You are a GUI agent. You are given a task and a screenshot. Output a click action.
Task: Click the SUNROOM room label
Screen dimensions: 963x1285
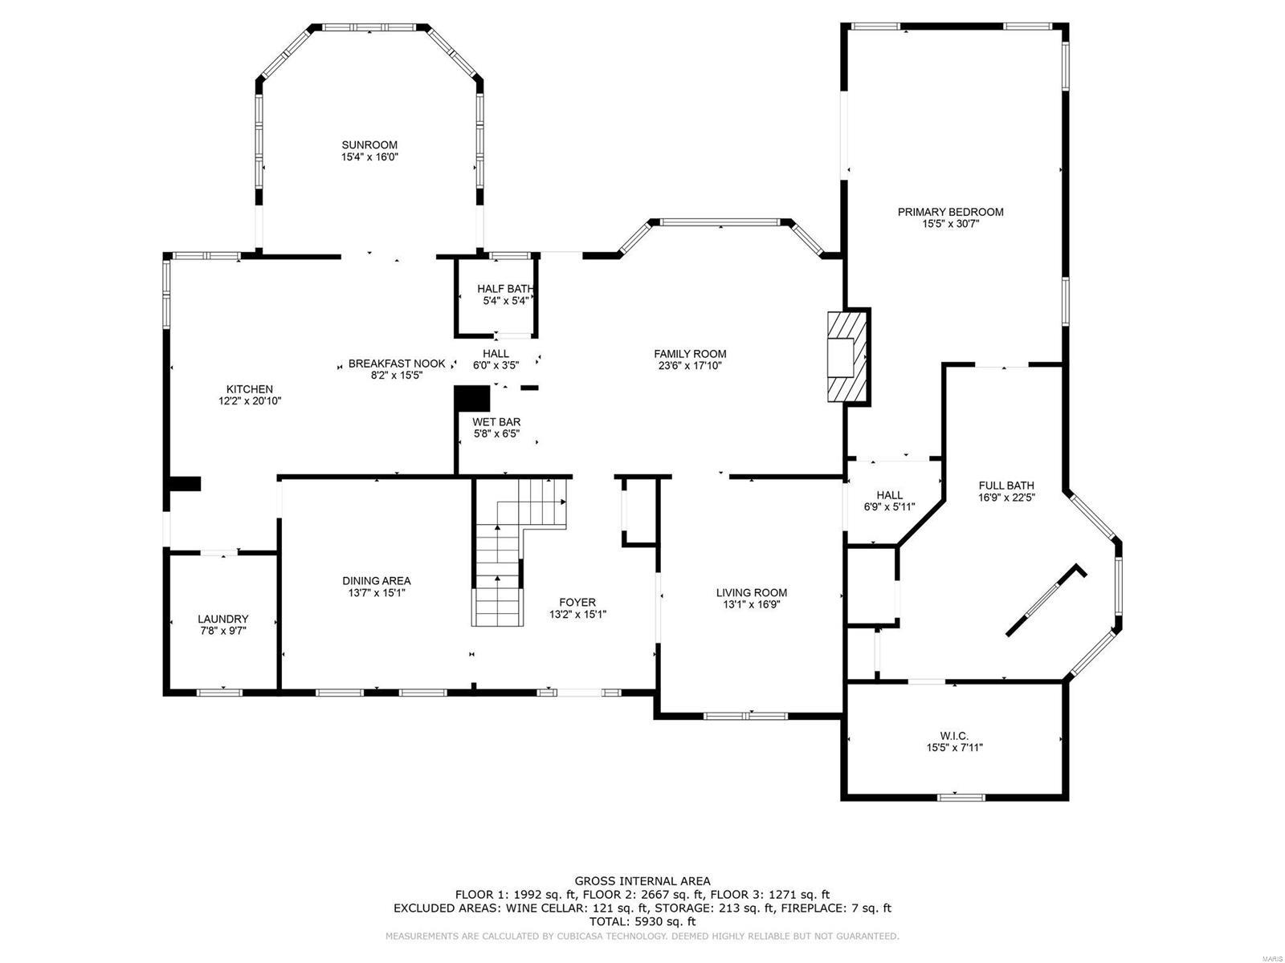[369, 145]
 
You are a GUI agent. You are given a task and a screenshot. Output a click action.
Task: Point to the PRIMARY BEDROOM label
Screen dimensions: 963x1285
[950, 212]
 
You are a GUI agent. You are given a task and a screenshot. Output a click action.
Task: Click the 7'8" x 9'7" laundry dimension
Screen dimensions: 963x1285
[222, 631]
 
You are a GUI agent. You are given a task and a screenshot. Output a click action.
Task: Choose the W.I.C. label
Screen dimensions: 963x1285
[954, 735]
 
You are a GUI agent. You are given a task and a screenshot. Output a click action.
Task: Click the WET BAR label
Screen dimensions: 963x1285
[496, 421]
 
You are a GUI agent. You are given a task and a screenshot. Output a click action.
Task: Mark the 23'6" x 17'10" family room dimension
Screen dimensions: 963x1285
[690, 366]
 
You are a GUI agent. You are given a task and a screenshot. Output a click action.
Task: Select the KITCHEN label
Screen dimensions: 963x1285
[249, 389]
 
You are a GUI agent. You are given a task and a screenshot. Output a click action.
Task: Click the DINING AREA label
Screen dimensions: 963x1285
[376, 581]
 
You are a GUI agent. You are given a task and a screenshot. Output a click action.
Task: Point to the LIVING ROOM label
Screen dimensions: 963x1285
[751, 593]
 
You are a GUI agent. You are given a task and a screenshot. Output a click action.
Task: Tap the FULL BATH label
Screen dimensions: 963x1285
[1006, 486]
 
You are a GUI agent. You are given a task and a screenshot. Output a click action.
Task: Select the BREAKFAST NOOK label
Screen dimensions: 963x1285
[397, 364]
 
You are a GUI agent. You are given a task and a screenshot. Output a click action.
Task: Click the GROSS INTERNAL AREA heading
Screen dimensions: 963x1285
[642, 881]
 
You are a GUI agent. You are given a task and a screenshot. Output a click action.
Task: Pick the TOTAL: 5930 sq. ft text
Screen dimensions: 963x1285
[642, 922]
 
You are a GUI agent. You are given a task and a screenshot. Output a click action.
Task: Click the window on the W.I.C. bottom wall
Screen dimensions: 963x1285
[961, 797]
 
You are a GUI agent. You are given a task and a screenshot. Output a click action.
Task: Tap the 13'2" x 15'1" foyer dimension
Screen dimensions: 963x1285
[577, 615]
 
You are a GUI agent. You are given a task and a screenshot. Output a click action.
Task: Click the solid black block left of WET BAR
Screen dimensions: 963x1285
[471, 399]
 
